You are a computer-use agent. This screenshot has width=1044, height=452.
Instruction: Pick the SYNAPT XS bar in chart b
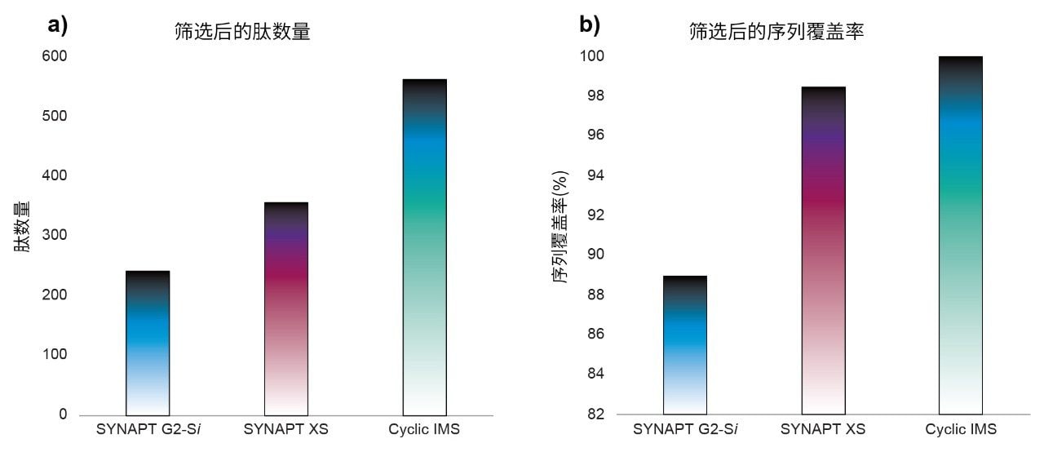click(x=823, y=250)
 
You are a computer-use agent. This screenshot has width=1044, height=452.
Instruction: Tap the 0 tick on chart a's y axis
click(x=63, y=414)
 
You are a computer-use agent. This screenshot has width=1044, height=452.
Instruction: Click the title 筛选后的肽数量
click(x=242, y=32)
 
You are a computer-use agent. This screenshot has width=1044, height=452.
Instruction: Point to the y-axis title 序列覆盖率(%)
click(x=560, y=227)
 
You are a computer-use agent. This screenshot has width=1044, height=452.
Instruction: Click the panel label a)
click(x=58, y=25)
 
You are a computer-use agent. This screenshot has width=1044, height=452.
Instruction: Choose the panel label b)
click(x=590, y=25)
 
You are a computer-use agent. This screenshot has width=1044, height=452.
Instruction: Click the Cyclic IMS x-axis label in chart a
click(x=425, y=429)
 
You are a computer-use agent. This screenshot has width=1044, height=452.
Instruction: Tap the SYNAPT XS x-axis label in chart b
click(x=823, y=429)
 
